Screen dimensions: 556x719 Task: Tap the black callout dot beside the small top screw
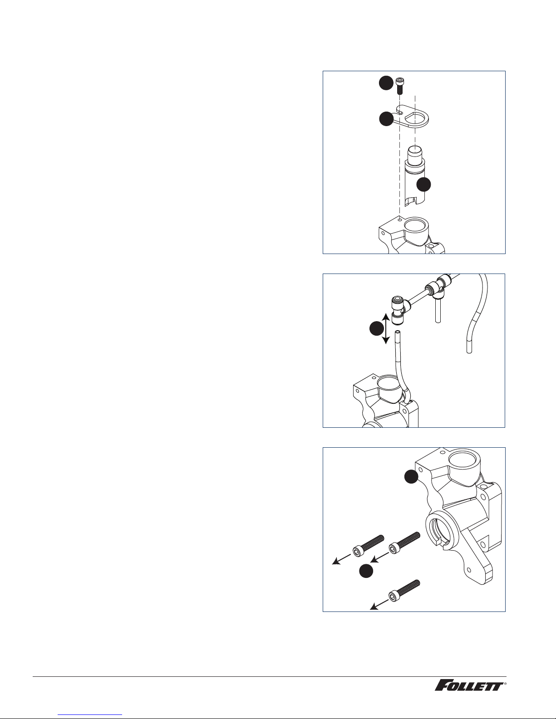[386, 83]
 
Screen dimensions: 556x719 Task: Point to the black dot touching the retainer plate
[386, 119]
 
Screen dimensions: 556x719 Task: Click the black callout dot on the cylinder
[423, 185]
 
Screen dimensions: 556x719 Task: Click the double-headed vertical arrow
[386, 329]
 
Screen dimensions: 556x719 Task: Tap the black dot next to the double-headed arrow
[376, 329]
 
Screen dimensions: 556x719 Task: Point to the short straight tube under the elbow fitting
[438, 310]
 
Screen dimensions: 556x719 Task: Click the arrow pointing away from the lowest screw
[379, 605]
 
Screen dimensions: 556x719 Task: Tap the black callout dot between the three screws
[366, 571]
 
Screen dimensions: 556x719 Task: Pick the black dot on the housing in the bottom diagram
[412, 476]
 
